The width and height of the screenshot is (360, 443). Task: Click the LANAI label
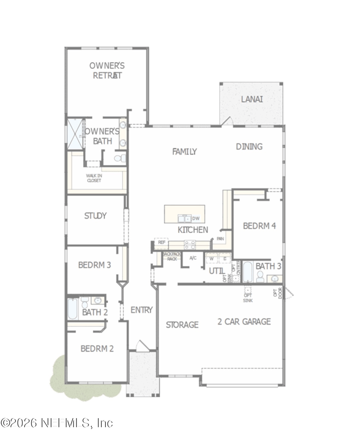(x=252, y=99)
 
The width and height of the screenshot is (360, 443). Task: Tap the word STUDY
(x=95, y=216)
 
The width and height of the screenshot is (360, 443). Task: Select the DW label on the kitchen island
(x=196, y=218)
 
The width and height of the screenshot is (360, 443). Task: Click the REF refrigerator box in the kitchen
(x=161, y=243)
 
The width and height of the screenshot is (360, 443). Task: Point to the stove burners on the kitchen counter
(x=189, y=244)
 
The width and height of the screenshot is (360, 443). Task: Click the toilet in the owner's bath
(x=118, y=158)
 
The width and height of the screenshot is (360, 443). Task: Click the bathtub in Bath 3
(x=248, y=271)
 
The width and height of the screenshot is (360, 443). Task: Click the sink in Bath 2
(x=98, y=300)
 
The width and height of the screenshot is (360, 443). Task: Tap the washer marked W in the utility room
(x=211, y=258)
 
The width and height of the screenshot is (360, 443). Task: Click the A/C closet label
(x=193, y=258)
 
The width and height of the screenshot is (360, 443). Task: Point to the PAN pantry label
(x=220, y=239)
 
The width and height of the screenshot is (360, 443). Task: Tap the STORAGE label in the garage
(x=182, y=325)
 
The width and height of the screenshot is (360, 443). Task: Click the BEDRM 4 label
(x=259, y=226)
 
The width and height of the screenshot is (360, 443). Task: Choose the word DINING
(x=249, y=146)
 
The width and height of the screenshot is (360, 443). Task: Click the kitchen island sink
(x=184, y=219)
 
